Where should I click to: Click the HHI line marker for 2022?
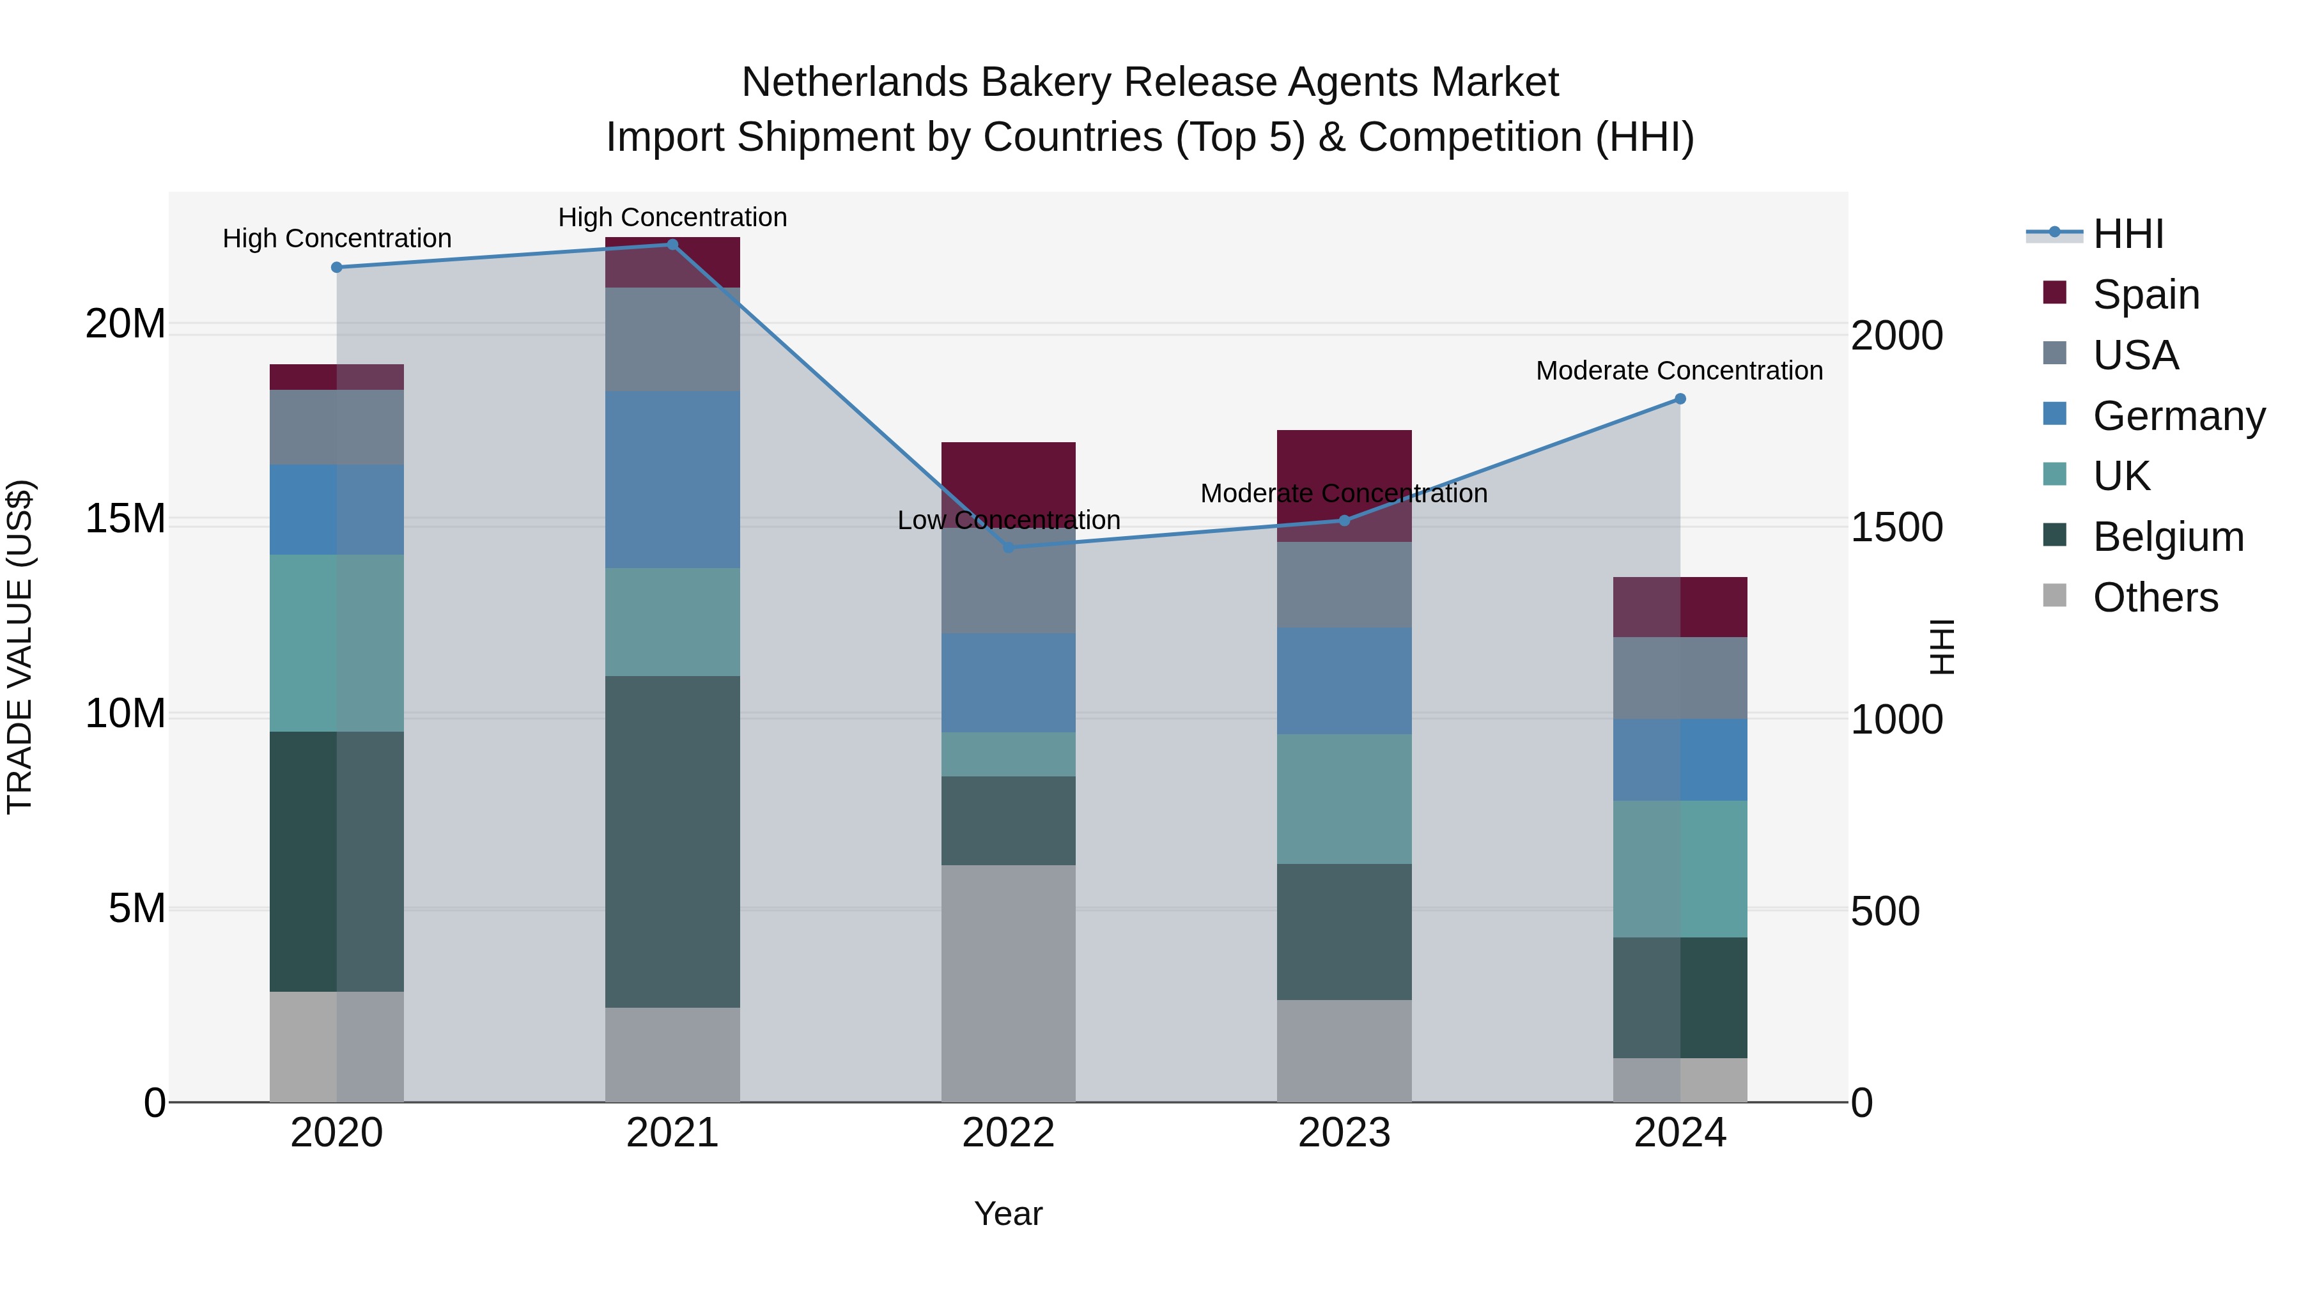coord(1009,548)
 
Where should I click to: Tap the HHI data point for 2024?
coord(1680,399)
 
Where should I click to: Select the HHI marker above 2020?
coord(337,267)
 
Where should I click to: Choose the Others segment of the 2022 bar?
coord(1009,982)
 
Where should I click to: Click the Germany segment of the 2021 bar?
coord(672,479)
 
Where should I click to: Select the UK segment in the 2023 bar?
coord(1344,799)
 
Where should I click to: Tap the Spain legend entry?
coord(2146,295)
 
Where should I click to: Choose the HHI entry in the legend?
coord(2128,234)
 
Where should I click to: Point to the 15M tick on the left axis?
coord(125,519)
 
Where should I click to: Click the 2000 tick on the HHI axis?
coord(1896,335)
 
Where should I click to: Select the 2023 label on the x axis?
coord(1344,1133)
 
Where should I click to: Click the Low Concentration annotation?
coord(1009,520)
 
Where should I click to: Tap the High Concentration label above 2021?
coord(672,217)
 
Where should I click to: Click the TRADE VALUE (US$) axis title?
coord(20,647)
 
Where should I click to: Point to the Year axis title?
coord(1009,1213)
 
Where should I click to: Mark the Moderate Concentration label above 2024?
coord(1679,371)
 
